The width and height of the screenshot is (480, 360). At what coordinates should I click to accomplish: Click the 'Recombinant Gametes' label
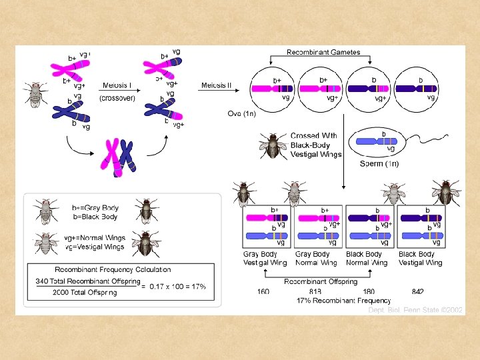(x=323, y=52)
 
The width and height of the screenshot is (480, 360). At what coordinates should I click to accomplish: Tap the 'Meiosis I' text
(x=115, y=85)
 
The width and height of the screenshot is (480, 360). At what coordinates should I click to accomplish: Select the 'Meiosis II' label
(x=217, y=85)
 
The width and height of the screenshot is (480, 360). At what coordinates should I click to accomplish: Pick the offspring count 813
(x=315, y=291)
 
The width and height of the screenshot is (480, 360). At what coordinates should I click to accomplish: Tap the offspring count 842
(x=417, y=291)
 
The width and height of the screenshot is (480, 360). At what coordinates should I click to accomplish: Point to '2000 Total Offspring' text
(x=85, y=293)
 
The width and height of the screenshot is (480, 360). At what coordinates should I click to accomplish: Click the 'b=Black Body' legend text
(x=95, y=217)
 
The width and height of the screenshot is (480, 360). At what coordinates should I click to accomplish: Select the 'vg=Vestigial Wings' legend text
(x=95, y=247)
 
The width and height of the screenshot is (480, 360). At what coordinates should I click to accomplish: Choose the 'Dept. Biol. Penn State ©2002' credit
(x=417, y=310)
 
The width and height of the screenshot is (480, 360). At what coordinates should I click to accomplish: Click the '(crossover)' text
(x=117, y=98)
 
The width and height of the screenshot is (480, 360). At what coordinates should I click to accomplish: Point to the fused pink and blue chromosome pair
(x=119, y=156)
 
